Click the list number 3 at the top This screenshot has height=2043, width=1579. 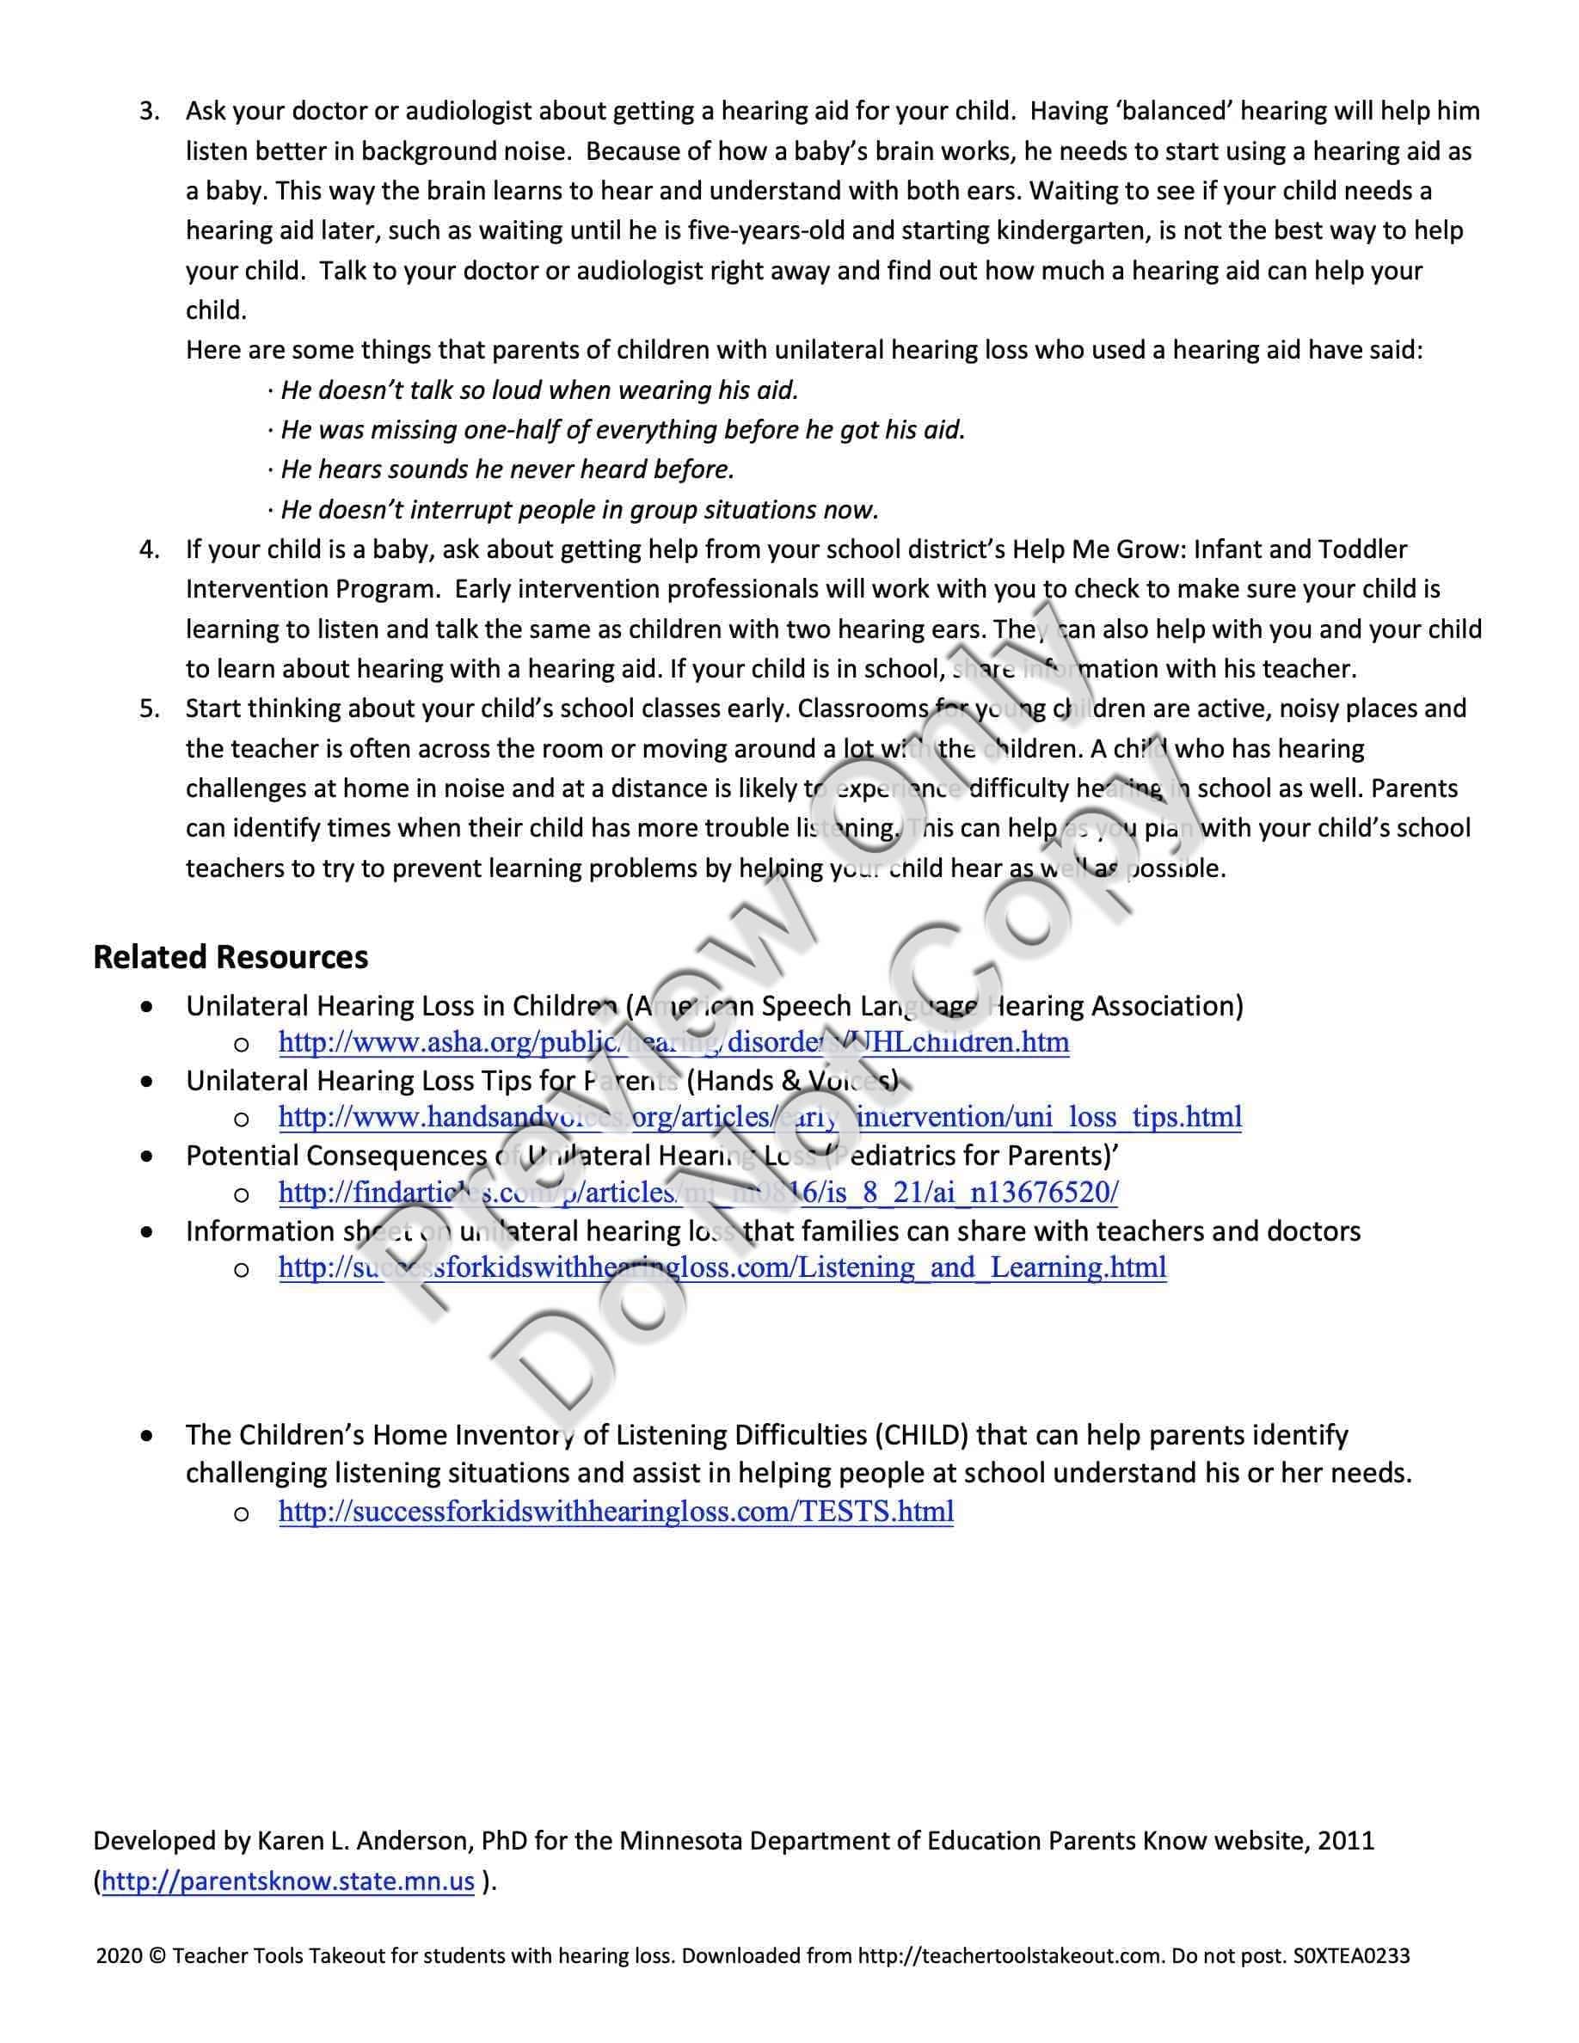point(149,111)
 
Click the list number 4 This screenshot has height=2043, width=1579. point(149,549)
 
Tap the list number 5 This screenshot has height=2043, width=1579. point(149,709)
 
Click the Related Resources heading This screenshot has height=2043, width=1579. point(230,956)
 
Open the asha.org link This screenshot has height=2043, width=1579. point(673,1042)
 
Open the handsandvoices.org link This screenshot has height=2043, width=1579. point(759,1117)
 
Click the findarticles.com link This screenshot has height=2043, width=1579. point(697,1192)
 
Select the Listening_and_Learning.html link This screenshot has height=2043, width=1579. point(722,1267)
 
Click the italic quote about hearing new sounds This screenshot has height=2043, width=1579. point(507,469)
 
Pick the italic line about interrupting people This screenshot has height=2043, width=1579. point(579,510)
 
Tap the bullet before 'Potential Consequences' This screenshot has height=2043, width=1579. point(147,1157)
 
